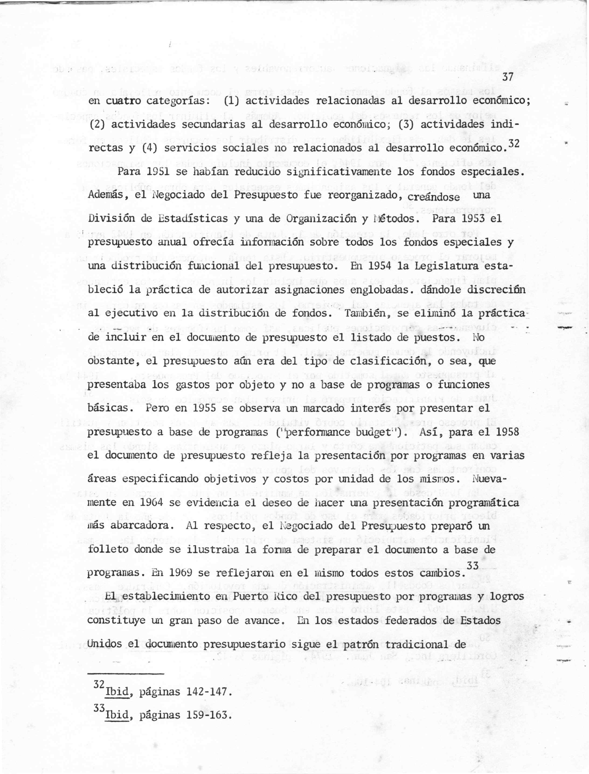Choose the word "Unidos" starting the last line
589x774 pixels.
point(104,644)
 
